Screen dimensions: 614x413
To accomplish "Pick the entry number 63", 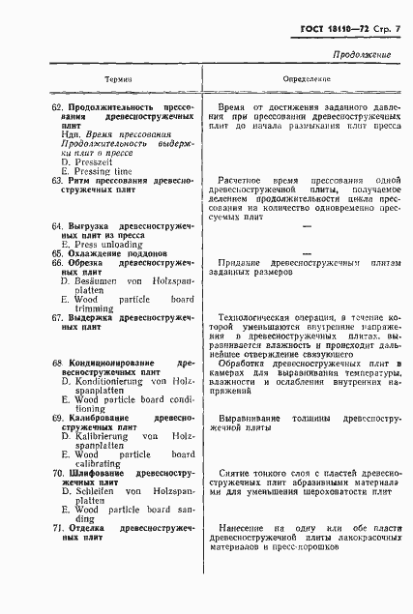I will pyautogui.click(x=57, y=181).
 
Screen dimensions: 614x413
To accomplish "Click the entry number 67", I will pyautogui.click(x=57, y=317).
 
